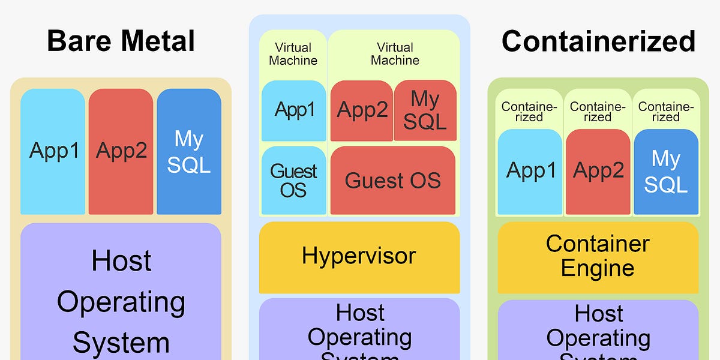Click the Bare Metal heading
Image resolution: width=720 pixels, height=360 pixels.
pyautogui.click(x=121, y=41)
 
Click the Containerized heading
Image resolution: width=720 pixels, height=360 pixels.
pyautogui.click(x=598, y=41)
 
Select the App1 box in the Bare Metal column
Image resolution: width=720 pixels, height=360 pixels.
pyautogui.click(x=53, y=151)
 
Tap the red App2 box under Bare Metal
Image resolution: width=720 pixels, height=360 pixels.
pyautogui.click(x=121, y=151)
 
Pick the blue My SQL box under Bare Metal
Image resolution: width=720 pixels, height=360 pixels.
pyautogui.click(x=189, y=151)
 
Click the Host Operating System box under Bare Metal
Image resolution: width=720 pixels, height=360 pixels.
pyautogui.click(x=121, y=294)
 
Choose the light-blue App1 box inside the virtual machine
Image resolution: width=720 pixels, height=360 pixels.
pyautogui.click(x=294, y=111)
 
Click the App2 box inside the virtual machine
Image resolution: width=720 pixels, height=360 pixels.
pyautogui.click(x=361, y=111)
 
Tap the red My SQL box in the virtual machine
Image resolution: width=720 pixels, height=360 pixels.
pyautogui.click(x=425, y=111)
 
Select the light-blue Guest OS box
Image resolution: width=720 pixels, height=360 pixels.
pyautogui.click(x=294, y=180)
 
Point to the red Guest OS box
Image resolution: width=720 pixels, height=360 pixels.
pyautogui.click(x=393, y=180)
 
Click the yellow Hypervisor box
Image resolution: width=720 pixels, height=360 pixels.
pyautogui.click(x=359, y=257)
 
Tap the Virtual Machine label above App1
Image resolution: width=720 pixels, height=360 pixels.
pyautogui.click(x=293, y=54)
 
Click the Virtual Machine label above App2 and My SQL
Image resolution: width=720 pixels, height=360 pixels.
pyautogui.click(x=395, y=54)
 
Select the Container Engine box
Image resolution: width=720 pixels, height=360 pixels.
pyautogui.click(x=598, y=257)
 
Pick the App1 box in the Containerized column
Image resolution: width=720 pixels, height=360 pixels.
pyautogui.click(x=530, y=172)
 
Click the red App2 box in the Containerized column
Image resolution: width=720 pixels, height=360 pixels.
pyautogui.click(x=598, y=172)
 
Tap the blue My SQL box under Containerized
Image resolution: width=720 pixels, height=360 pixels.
pyautogui.click(x=666, y=172)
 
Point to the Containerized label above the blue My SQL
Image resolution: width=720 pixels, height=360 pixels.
pyautogui.click(x=666, y=112)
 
